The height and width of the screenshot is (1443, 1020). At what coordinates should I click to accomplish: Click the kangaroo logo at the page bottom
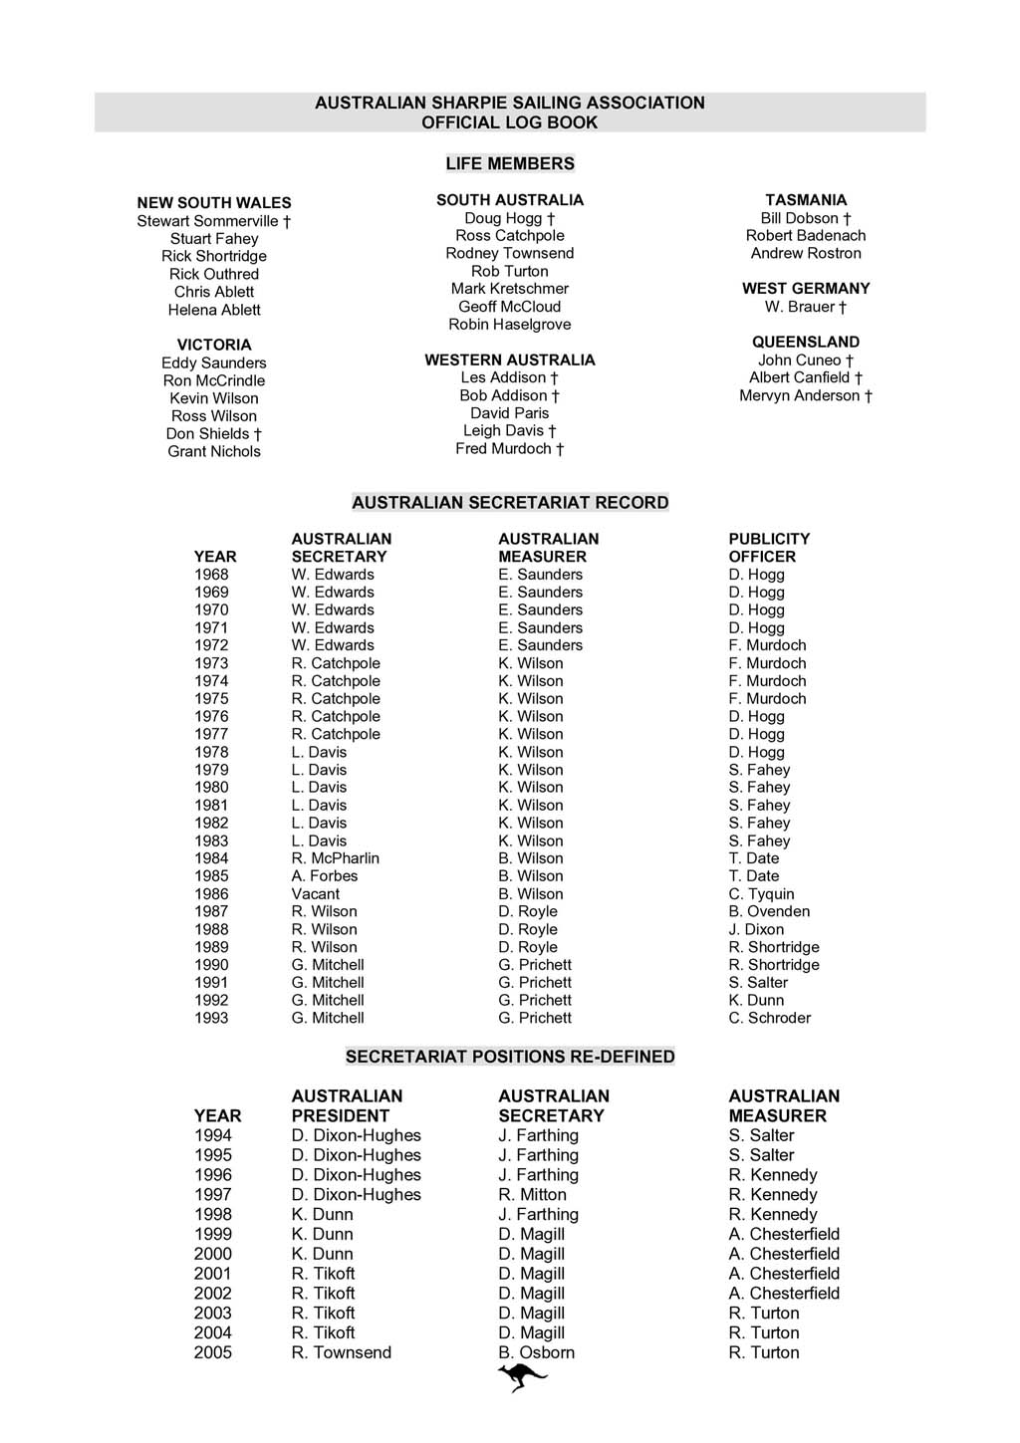tap(522, 1377)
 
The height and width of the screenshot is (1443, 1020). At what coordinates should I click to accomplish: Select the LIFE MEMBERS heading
tap(510, 163)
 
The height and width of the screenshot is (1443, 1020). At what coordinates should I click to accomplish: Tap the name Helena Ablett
tap(214, 310)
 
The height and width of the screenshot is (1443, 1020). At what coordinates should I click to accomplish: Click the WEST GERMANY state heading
tap(806, 289)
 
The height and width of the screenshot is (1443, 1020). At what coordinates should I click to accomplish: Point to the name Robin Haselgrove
tap(510, 325)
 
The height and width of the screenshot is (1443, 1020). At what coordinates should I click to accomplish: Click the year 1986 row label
tap(211, 894)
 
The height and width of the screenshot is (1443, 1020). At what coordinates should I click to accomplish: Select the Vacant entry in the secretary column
tap(316, 894)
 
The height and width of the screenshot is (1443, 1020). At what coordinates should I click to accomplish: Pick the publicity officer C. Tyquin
tap(761, 894)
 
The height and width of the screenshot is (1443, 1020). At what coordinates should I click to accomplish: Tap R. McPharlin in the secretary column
tap(335, 858)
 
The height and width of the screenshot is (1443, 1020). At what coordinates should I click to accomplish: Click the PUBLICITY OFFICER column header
tap(768, 548)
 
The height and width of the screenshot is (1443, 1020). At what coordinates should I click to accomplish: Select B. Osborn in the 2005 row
tap(536, 1352)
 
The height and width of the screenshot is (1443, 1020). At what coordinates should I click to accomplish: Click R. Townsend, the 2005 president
tap(341, 1352)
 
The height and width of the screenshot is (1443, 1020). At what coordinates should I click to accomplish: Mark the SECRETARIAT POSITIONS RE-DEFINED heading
tap(510, 1057)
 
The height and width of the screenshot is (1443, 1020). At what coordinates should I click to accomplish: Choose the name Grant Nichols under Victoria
tap(214, 451)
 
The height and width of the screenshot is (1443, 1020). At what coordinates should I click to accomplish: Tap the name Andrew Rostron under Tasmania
tap(806, 253)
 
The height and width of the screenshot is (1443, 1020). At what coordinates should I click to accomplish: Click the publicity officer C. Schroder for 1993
tap(769, 1018)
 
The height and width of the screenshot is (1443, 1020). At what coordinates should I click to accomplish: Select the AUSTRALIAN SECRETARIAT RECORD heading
tap(510, 503)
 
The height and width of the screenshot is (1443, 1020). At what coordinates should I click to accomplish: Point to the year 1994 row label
tap(213, 1135)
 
